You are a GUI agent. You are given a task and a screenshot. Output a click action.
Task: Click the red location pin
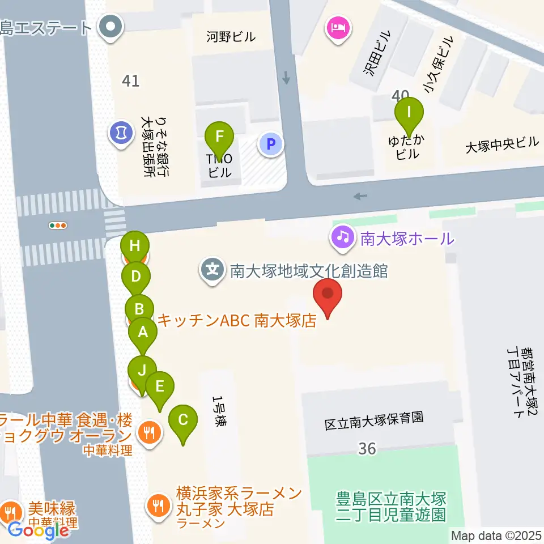click(328, 296)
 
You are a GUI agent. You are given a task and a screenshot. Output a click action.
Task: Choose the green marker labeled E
click(160, 388)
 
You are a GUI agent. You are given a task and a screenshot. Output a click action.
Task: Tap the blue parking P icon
click(271, 144)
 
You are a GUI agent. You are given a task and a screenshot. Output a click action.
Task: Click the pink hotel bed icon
click(338, 27)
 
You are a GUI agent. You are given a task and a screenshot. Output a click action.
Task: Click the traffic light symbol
click(58, 226)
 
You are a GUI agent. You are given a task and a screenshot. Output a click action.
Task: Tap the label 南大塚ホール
click(407, 239)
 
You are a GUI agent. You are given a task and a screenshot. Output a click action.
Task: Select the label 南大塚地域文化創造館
click(308, 271)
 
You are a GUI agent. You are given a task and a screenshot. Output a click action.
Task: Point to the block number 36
click(367, 449)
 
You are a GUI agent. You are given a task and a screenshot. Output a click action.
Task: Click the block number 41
click(130, 81)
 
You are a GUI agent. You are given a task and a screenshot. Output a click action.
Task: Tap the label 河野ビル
click(231, 38)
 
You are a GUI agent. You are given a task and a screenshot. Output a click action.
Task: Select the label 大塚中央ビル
click(502, 144)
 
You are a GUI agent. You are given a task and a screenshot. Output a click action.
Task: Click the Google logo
click(39, 530)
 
